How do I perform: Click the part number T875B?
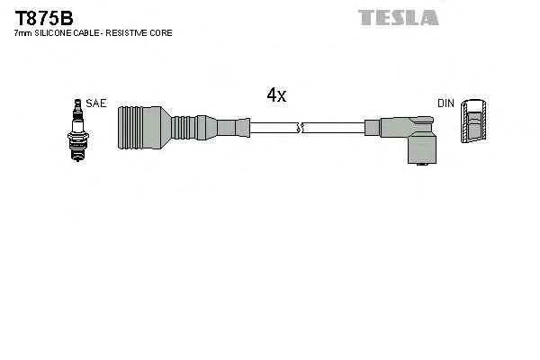(x=44, y=18)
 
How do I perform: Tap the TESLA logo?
(x=399, y=18)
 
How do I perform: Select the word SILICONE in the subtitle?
(x=53, y=33)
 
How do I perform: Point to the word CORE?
(x=161, y=33)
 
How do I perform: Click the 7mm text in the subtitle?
(x=23, y=33)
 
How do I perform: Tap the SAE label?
(x=96, y=103)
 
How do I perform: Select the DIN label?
(x=445, y=103)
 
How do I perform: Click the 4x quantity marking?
(x=276, y=94)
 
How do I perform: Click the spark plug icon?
(x=77, y=130)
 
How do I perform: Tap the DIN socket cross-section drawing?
(x=473, y=121)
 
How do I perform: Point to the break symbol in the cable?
(x=300, y=128)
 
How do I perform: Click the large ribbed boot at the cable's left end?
(x=144, y=128)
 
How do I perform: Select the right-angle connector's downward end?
(x=422, y=150)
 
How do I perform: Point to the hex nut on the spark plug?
(x=78, y=137)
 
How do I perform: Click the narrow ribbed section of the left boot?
(x=184, y=128)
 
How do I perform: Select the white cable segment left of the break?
(x=274, y=128)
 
